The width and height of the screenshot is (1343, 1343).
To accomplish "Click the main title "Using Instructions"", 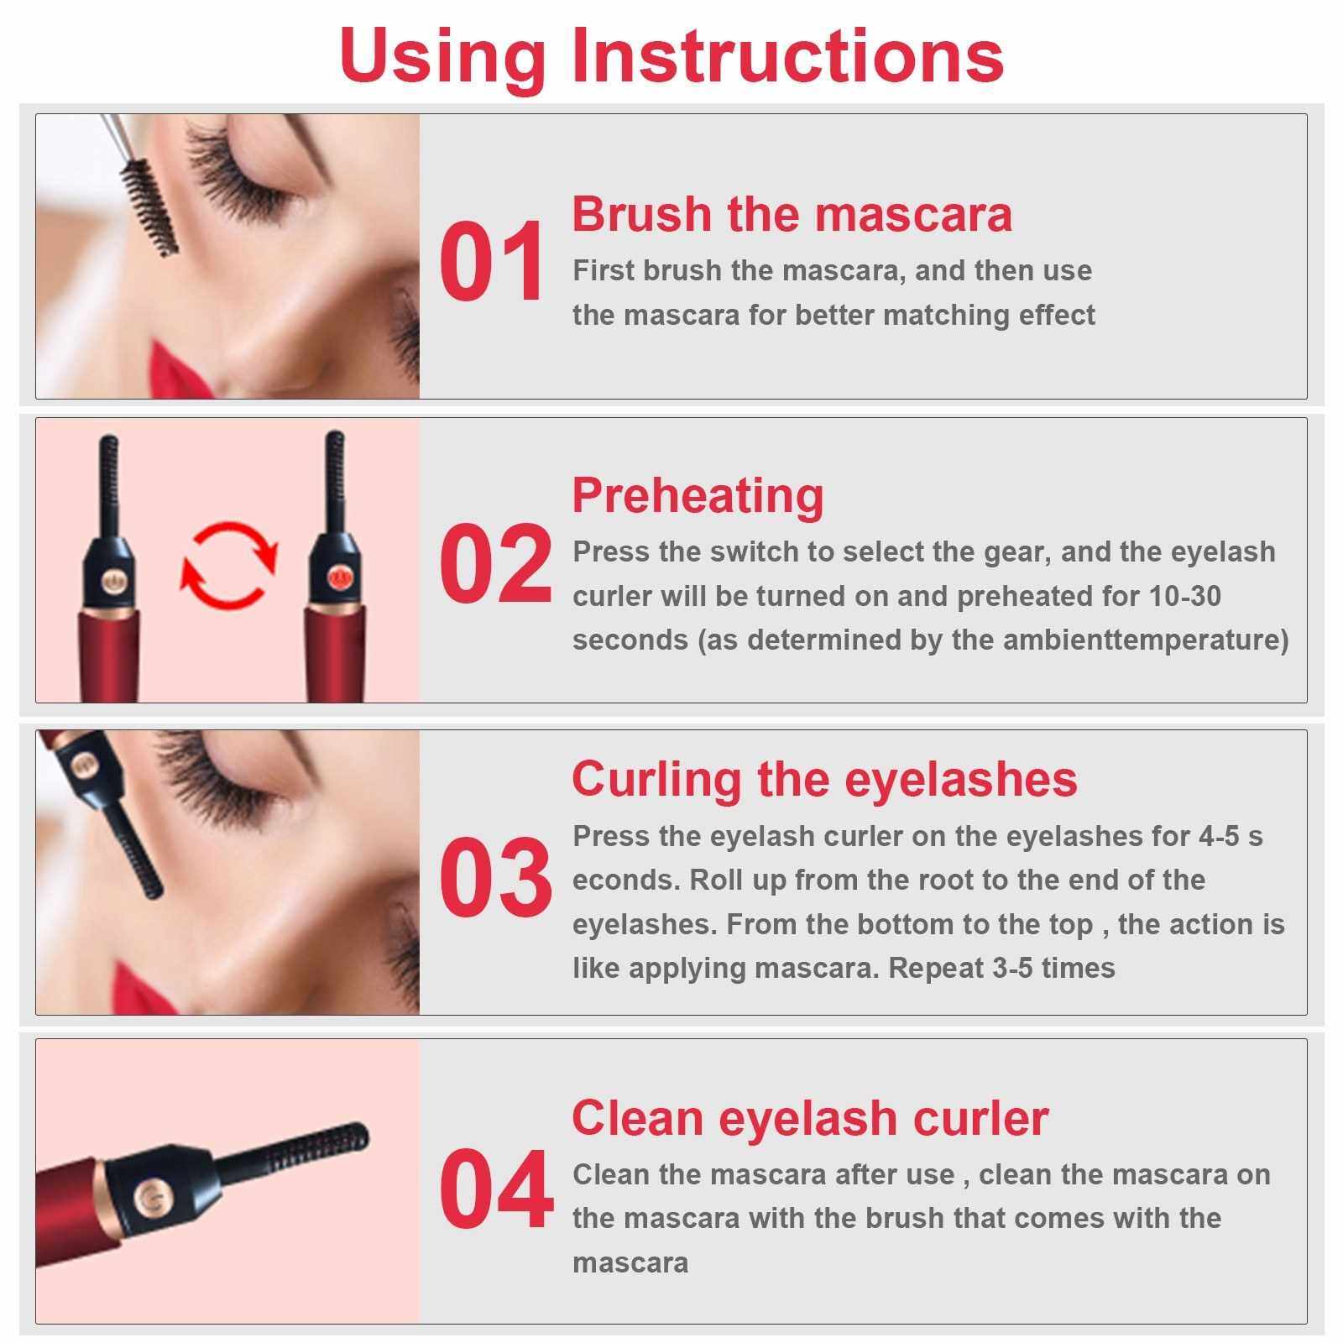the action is (671, 55).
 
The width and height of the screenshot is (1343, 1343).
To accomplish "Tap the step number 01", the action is (492, 262).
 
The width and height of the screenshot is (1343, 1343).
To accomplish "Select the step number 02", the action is (495, 564).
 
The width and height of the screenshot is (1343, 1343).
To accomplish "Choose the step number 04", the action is (495, 1189).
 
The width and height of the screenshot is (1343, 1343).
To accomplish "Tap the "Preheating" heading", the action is (698, 495).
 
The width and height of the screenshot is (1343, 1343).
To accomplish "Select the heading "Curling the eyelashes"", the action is (824, 779).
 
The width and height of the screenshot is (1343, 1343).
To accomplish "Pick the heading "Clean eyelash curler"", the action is (810, 1118).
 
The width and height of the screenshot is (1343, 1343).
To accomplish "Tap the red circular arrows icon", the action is (229, 564).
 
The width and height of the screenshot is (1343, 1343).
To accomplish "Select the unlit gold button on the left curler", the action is (110, 581).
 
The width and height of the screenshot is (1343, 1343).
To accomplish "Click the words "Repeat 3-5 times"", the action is (1001, 968).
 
